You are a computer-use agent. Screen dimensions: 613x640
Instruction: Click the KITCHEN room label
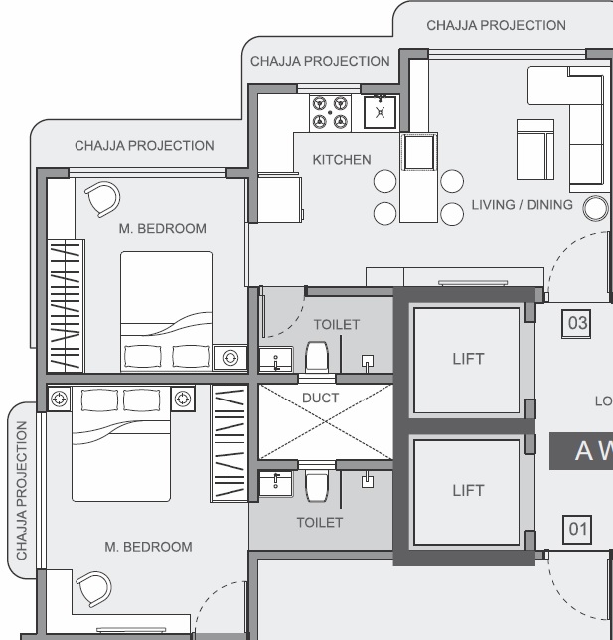(x=342, y=160)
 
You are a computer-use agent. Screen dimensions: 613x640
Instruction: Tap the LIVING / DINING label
(x=522, y=204)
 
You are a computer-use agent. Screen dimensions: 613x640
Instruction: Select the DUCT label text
(x=320, y=398)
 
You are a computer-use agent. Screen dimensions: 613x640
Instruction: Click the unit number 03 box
(x=576, y=324)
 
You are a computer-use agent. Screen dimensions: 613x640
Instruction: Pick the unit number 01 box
(x=577, y=530)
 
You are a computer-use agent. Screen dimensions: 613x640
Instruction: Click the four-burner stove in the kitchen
(x=330, y=113)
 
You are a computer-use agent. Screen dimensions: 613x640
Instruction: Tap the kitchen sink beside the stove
(x=380, y=112)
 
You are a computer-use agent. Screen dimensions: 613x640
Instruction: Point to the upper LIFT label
(x=468, y=359)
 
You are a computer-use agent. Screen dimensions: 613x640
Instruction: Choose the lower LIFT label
(x=468, y=490)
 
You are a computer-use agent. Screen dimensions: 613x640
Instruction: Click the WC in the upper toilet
(x=317, y=357)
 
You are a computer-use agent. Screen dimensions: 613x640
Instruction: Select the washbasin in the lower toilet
(x=276, y=484)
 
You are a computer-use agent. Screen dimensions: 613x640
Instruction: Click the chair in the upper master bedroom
(x=103, y=199)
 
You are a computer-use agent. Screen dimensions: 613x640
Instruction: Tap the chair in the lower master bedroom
(x=94, y=589)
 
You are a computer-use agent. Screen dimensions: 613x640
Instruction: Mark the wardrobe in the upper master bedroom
(x=66, y=306)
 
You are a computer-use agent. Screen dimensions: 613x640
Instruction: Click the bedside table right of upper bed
(x=230, y=358)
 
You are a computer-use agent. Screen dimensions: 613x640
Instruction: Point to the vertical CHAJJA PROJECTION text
(x=21, y=490)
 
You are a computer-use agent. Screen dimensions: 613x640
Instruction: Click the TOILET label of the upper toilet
(x=337, y=325)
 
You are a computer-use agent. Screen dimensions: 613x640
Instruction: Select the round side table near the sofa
(x=595, y=208)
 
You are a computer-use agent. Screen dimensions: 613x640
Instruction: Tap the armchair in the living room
(x=536, y=149)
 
